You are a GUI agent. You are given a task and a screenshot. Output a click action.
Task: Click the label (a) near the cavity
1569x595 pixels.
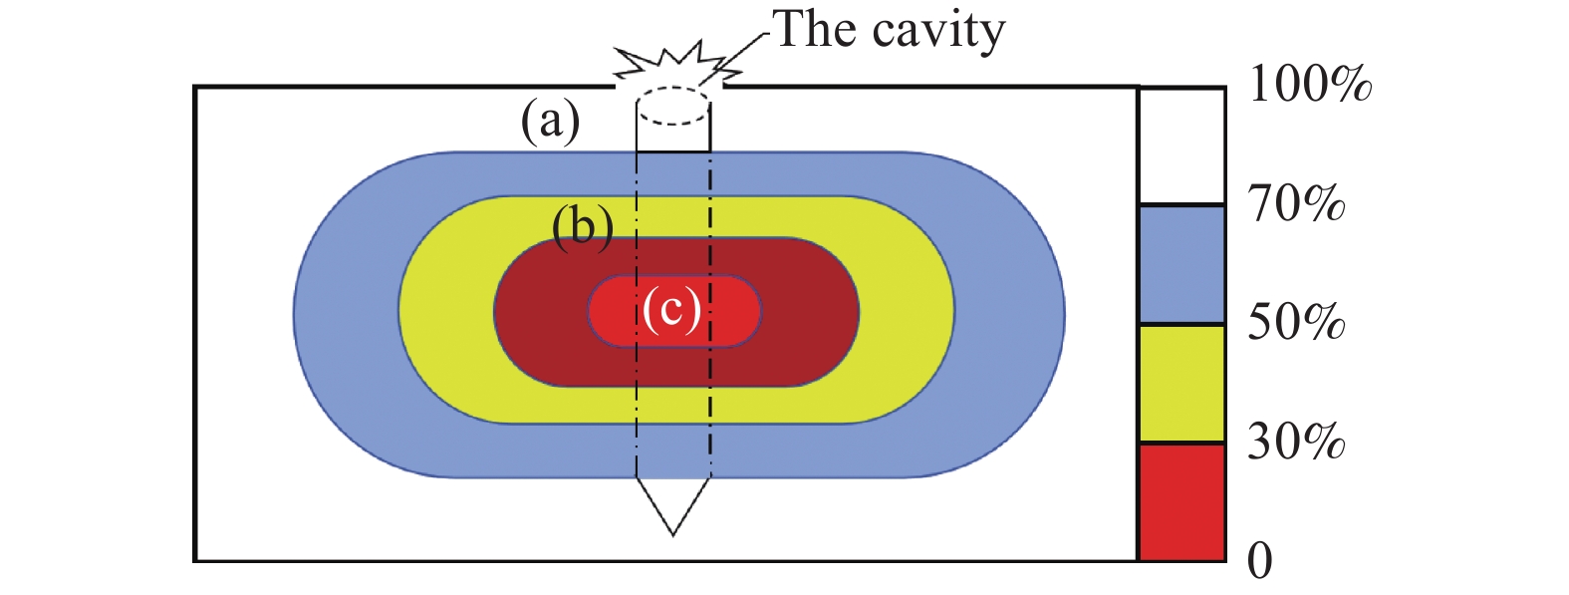tap(550, 123)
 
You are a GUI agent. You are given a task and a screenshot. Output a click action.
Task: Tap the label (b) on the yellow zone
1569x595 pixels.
tap(582, 228)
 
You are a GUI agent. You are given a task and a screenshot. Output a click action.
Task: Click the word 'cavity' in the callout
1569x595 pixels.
tap(939, 31)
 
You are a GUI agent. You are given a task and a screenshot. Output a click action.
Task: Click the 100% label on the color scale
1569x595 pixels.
tap(1309, 86)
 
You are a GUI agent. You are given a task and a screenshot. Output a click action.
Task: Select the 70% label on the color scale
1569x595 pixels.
tap(1296, 204)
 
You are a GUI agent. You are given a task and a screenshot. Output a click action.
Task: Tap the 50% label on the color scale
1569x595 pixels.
tap(1296, 323)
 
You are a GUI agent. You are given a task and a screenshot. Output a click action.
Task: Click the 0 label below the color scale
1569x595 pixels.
tap(1260, 562)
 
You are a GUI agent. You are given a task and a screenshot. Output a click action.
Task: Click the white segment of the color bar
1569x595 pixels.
tap(1181, 147)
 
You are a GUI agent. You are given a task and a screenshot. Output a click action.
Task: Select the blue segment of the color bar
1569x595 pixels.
tap(1181, 265)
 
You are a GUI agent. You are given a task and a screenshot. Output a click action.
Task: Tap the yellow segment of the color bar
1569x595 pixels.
tap(1181, 384)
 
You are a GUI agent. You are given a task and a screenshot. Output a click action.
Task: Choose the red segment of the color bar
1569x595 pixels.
tap(1181, 502)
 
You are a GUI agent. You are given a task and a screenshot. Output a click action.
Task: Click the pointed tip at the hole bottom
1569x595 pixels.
tap(673, 532)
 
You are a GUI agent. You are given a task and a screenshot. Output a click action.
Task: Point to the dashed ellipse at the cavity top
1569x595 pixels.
tap(673, 106)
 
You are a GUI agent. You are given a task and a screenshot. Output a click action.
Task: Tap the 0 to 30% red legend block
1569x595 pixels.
tap(1181, 502)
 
